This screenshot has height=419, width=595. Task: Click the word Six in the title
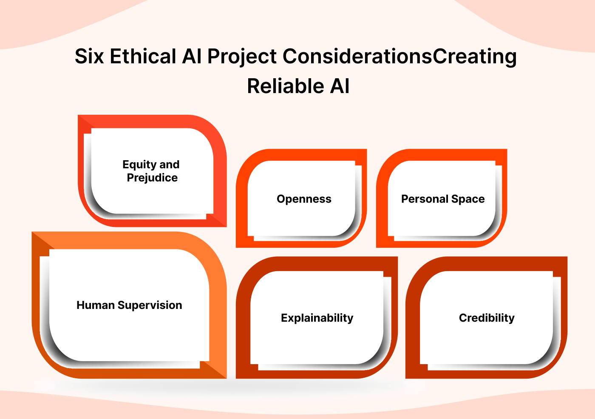[x=89, y=57]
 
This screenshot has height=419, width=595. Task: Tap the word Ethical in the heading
[x=143, y=57]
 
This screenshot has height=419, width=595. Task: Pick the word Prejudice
[x=152, y=178]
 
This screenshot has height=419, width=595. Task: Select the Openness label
[x=304, y=199]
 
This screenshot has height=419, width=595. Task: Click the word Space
[x=468, y=199]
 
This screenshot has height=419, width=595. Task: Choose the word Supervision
[x=150, y=306]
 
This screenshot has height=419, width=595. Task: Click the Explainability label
[x=317, y=318]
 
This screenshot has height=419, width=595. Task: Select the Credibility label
[x=487, y=318]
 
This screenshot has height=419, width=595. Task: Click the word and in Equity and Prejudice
[x=170, y=164]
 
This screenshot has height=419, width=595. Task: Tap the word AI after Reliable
[x=340, y=86]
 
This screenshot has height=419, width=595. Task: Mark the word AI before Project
[x=192, y=57]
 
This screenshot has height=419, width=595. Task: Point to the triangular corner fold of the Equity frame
[x=217, y=219]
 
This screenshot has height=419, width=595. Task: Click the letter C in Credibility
[x=463, y=318]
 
